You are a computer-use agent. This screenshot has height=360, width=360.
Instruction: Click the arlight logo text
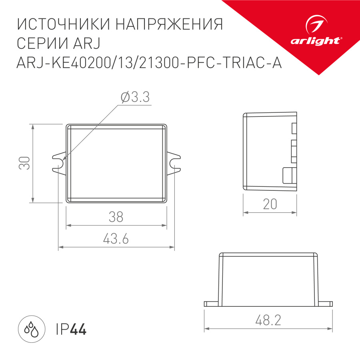click(x=316, y=40)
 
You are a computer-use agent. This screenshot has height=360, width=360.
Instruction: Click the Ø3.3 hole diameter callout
click(x=135, y=97)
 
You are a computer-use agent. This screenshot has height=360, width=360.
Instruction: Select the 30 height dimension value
click(x=25, y=163)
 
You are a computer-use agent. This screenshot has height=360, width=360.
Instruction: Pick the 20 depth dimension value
click(x=270, y=204)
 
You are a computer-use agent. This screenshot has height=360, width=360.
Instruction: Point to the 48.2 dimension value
click(x=268, y=320)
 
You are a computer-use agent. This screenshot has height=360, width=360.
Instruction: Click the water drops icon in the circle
click(x=31, y=330)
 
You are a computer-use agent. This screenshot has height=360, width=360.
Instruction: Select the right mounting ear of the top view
click(x=174, y=163)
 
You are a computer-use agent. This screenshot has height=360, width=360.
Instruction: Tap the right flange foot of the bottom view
click(x=326, y=304)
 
